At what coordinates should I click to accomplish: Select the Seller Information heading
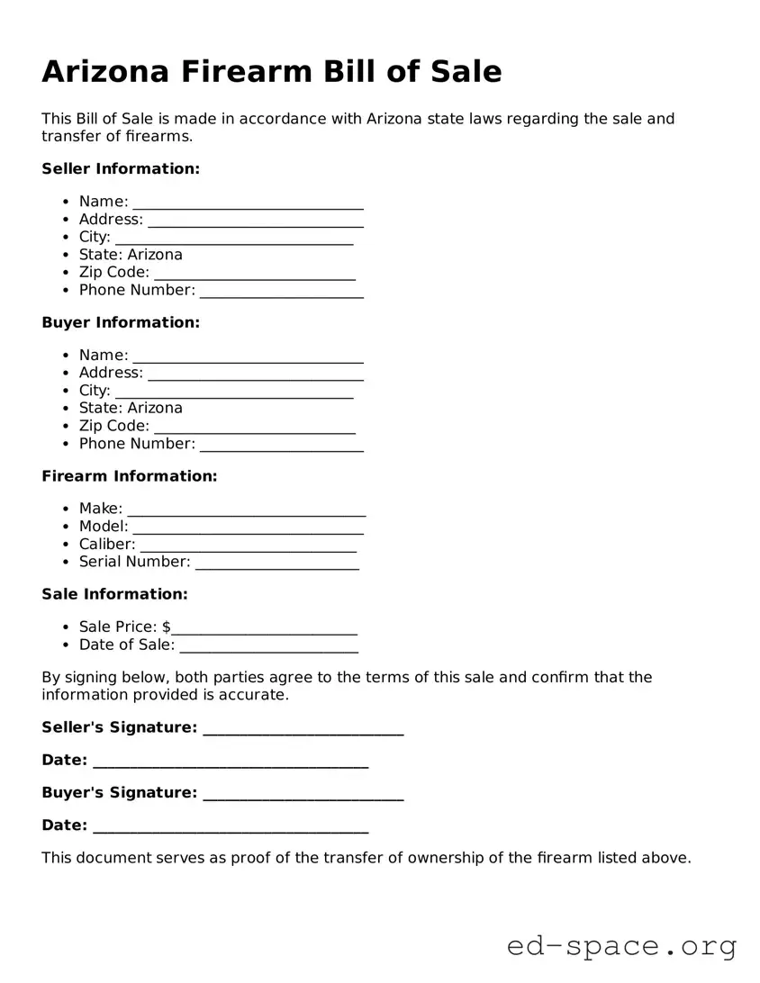(121, 168)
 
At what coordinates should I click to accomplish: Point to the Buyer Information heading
(121, 322)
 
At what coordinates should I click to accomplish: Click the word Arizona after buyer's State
(155, 408)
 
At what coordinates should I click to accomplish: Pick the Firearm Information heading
(130, 476)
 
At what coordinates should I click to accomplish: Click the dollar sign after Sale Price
(167, 627)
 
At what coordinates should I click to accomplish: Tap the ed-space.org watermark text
(621, 946)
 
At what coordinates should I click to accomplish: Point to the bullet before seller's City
(67, 238)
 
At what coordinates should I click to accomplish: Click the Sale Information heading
(114, 594)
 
